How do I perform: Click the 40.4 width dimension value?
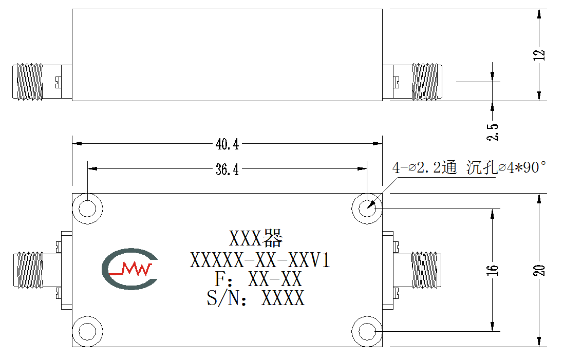(x=227, y=144)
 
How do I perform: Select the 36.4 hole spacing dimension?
(x=227, y=169)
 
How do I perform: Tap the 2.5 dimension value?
(x=493, y=132)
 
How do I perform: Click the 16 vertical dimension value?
(x=493, y=270)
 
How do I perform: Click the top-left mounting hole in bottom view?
(x=87, y=209)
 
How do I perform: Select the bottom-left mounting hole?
(x=87, y=332)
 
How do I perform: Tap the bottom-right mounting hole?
(x=367, y=332)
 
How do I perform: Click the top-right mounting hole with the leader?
(x=367, y=209)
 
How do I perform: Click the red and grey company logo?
(x=129, y=269)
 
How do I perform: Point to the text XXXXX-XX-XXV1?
(x=260, y=260)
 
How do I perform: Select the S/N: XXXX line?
(x=255, y=298)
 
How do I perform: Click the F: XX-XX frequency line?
(x=258, y=279)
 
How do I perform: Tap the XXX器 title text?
(x=256, y=238)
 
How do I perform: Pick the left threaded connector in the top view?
(x=28, y=82)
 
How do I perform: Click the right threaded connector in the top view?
(x=427, y=82)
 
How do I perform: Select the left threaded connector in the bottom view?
(x=29, y=270)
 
